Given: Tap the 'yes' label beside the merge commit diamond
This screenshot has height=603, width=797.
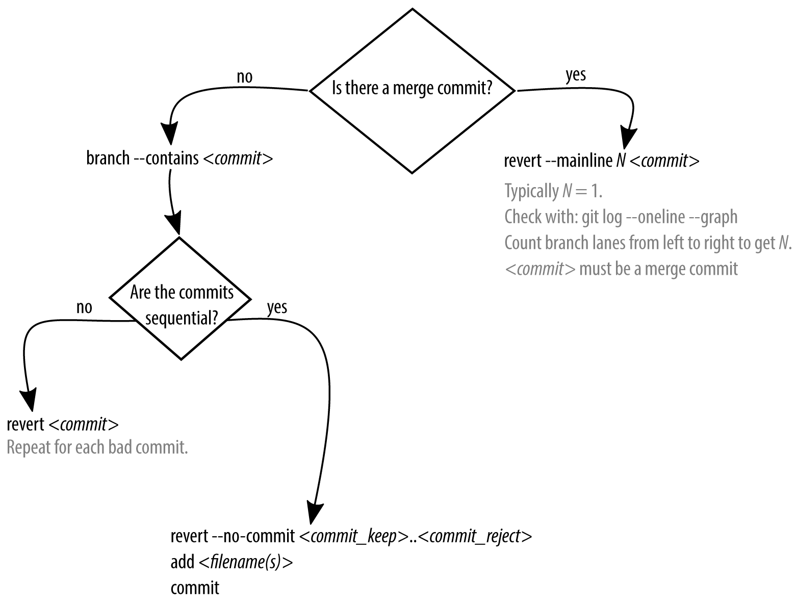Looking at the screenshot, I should click(576, 75).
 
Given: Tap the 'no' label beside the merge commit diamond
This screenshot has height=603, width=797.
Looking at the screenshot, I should click(244, 77).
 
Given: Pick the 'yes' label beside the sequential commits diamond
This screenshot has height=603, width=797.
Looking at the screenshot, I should click(277, 307).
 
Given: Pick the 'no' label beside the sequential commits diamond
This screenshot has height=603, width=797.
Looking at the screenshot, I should click(84, 307).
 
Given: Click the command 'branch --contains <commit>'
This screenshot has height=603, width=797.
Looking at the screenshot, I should click(179, 159).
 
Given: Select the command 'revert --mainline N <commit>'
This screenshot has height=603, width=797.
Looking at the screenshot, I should click(601, 161).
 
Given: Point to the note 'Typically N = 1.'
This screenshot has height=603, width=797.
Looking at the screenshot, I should click(553, 191).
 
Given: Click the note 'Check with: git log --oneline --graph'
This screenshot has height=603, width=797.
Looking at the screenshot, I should click(621, 217).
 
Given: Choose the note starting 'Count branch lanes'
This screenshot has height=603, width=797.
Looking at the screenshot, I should click(647, 243).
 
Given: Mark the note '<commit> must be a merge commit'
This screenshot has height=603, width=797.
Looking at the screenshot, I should click(621, 269).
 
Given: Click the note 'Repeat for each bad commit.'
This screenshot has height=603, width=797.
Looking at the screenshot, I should click(97, 448).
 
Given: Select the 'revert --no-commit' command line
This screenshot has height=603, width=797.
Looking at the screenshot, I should click(351, 537).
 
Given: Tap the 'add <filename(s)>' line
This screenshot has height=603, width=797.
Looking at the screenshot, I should click(232, 562).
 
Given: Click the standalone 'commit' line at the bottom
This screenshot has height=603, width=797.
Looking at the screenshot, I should click(195, 588).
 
